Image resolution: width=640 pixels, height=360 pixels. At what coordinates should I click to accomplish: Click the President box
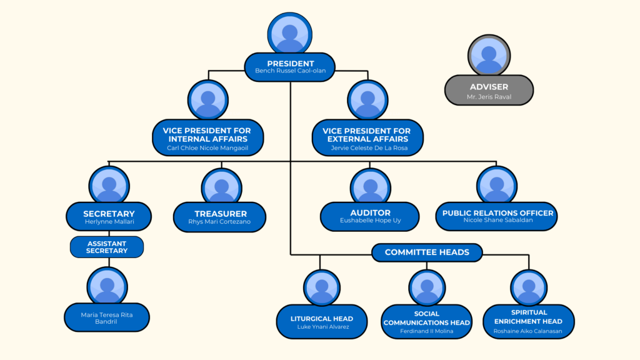point(290,66)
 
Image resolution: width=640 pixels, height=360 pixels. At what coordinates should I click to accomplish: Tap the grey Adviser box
point(489,90)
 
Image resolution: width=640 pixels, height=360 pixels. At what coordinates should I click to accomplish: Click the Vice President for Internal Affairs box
point(207,138)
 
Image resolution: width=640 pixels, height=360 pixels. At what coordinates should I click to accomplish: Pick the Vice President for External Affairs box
point(367,138)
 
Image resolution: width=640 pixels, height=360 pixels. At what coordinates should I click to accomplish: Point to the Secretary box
point(109,217)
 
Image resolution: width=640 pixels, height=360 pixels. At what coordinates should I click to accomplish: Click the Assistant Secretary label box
point(107,247)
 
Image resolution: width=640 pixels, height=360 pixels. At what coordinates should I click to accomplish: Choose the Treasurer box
point(220,217)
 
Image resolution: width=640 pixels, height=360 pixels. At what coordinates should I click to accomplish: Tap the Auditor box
point(370,216)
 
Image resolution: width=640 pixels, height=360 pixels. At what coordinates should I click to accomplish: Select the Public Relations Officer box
point(497,216)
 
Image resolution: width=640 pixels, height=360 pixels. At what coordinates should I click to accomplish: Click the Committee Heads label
point(427,252)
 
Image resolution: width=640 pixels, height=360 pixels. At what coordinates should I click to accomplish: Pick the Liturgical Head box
point(322,322)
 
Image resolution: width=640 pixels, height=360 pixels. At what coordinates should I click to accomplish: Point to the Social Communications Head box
point(427,322)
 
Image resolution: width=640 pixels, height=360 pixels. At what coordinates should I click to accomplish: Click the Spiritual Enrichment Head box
point(529,321)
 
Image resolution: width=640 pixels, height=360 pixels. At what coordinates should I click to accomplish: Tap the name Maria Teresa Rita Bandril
point(107,318)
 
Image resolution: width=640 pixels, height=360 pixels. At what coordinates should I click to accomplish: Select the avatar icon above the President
point(290,34)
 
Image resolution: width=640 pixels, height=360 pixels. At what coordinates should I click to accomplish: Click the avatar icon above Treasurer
point(221,187)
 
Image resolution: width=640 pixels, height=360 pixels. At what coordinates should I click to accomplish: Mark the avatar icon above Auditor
point(370,187)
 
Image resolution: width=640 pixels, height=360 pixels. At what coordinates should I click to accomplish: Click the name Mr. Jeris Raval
point(489,97)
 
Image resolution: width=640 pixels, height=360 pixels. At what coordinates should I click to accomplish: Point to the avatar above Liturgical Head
point(322,288)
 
